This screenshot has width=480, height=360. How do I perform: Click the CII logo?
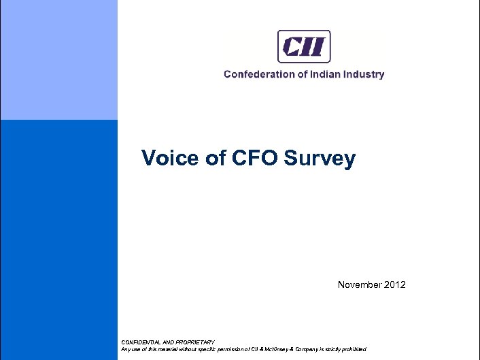pos(304,46)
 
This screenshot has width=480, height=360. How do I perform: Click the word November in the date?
pos(359,284)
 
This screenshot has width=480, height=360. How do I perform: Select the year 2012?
pos(394,284)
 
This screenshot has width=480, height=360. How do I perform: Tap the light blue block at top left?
pos(58,60)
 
